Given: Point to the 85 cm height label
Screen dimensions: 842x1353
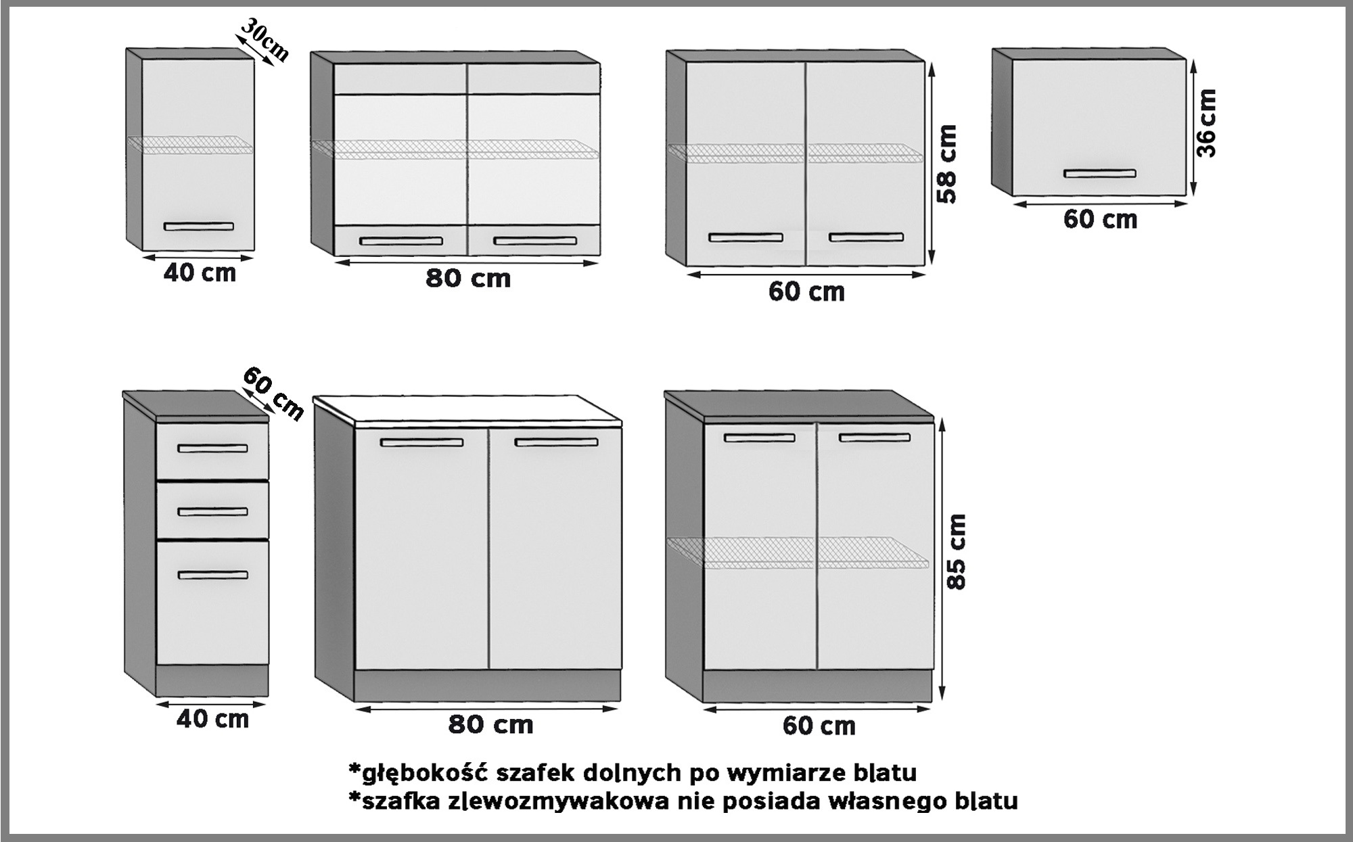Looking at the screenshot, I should click(x=957, y=552).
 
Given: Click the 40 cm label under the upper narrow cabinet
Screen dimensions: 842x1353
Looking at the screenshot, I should click(x=200, y=273).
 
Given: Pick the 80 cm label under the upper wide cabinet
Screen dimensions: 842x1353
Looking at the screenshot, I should click(x=468, y=278).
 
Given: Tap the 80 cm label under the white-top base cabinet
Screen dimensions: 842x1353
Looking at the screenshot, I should click(x=490, y=725).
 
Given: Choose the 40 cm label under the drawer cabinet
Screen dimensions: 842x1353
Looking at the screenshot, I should click(x=212, y=719).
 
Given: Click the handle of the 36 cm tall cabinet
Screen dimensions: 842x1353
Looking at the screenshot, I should click(x=1099, y=174).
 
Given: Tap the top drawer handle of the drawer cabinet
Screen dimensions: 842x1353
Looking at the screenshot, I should click(x=212, y=448).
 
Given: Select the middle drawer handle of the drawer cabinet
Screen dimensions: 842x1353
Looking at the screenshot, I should click(x=212, y=511).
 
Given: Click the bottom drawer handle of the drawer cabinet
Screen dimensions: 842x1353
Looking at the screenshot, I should click(x=212, y=575).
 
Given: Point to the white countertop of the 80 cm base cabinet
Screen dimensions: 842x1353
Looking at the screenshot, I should click(x=467, y=410).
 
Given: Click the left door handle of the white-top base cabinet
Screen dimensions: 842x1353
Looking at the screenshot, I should click(x=421, y=442).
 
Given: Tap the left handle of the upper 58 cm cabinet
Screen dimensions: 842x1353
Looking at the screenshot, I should click(x=746, y=237).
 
